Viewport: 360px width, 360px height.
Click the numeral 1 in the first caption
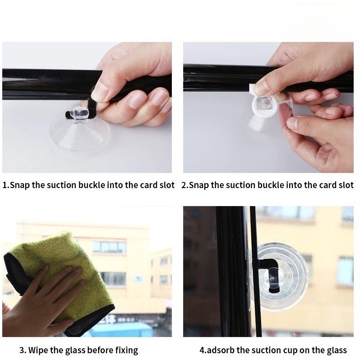click(x=4, y=185)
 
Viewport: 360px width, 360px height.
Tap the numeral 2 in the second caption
click(x=184, y=185)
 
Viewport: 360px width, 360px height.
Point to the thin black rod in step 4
click(x=253, y=271)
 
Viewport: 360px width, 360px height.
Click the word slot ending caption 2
click(x=346, y=185)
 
